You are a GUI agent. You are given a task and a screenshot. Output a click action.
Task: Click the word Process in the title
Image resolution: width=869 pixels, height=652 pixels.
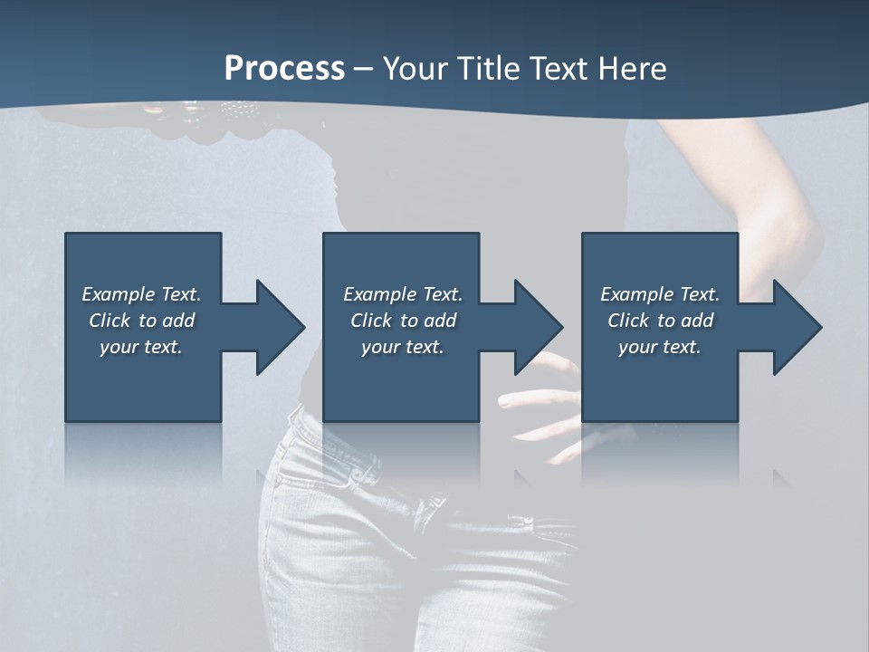point(284,69)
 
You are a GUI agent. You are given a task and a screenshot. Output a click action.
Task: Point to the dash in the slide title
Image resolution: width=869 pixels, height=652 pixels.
point(363,70)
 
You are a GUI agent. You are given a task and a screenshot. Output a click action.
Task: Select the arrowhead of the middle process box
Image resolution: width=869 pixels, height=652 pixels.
point(537,327)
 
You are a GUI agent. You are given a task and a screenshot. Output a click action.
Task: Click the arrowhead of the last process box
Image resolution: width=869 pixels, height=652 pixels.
point(796,327)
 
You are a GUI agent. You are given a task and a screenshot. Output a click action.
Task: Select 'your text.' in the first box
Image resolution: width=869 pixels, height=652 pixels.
point(141,347)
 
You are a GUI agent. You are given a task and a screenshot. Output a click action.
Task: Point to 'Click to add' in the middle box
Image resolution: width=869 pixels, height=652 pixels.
point(403,321)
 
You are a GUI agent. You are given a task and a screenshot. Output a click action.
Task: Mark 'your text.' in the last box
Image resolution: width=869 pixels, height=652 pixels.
point(660,347)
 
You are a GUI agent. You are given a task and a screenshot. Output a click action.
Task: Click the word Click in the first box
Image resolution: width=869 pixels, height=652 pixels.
point(110,321)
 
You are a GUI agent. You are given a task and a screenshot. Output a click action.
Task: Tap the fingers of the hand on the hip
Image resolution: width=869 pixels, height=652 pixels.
point(534,398)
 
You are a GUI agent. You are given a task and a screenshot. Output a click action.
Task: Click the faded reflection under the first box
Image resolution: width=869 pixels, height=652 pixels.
point(143,453)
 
